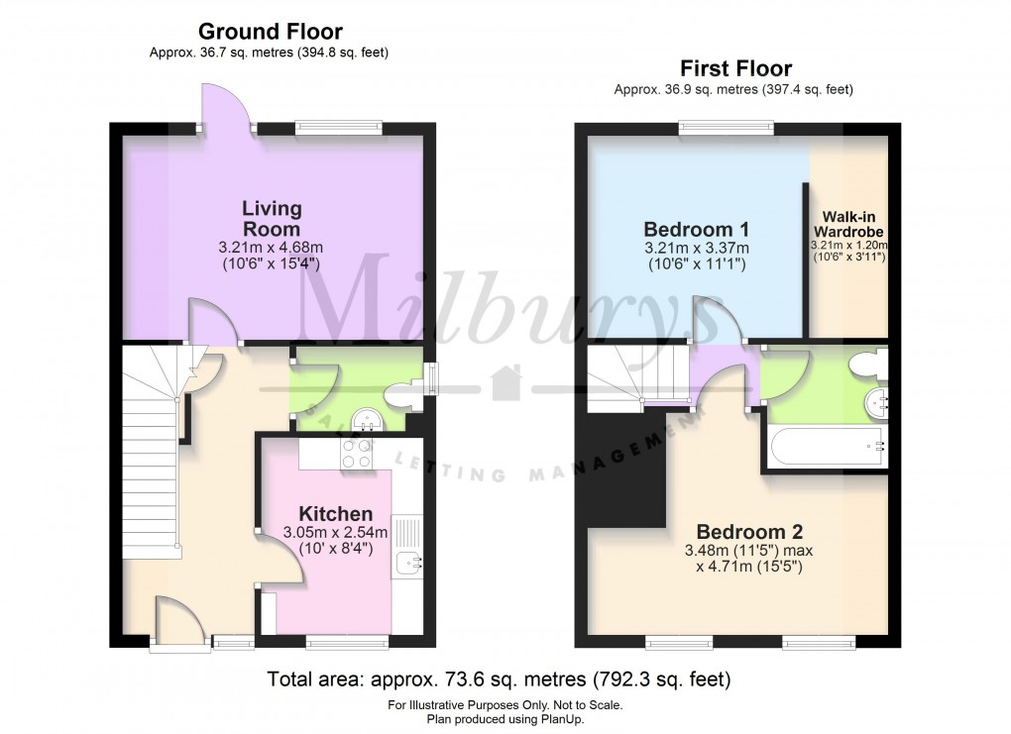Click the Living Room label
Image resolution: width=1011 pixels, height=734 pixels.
(x=272, y=219)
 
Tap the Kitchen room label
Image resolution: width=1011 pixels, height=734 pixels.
(x=336, y=514)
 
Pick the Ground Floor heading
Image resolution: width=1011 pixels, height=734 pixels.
(x=270, y=32)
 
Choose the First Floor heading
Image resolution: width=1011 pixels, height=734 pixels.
(x=735, y=68)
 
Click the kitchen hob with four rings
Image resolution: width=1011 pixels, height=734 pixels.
(x=356, y=453)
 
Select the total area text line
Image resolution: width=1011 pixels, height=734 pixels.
(x=500, y=680)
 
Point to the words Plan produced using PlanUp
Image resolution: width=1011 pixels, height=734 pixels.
(x=505, y=719)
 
